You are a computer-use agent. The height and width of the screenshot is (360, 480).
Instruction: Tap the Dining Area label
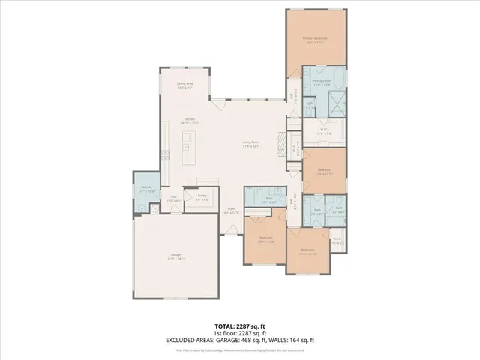[x=184, y=85]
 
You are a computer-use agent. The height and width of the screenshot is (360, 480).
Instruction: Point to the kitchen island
[x=186, y=147]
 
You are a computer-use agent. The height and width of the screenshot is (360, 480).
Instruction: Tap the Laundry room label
[x=146, y=190]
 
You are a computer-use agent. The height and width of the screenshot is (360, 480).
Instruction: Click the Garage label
[x=176, y=257]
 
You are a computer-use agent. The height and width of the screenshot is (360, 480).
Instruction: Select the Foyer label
[x=232, y=211]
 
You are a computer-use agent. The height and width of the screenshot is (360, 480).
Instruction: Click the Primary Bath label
[x=322, y=82]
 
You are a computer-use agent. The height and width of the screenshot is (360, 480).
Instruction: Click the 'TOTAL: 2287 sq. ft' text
[x=240, y=326]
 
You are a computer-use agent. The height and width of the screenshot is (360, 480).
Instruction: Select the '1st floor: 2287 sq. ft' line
[x=240, y=333]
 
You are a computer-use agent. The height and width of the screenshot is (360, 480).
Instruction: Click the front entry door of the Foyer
[x=232, y=235]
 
